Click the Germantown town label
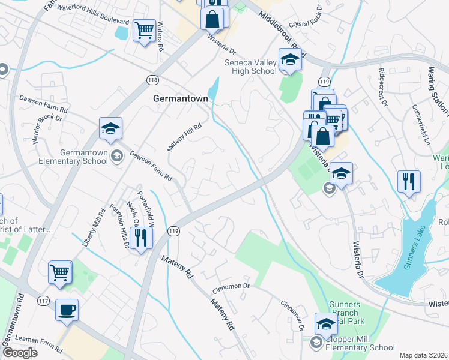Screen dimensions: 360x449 (x=180, y=98)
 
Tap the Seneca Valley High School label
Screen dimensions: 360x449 (x=250, y=67)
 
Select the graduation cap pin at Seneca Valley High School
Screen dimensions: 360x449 (x=289, y=61)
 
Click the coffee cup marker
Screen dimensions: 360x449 (x=67, y=311)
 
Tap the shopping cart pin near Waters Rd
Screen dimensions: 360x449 (x=144, y=30)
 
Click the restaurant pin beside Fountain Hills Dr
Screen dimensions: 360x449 (x=141, y=238)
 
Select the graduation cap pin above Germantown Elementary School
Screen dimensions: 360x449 (x=110, y=128)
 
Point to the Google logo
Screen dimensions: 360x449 (x=20, y=352)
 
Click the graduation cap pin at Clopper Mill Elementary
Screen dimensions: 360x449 (x=326, y=324)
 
